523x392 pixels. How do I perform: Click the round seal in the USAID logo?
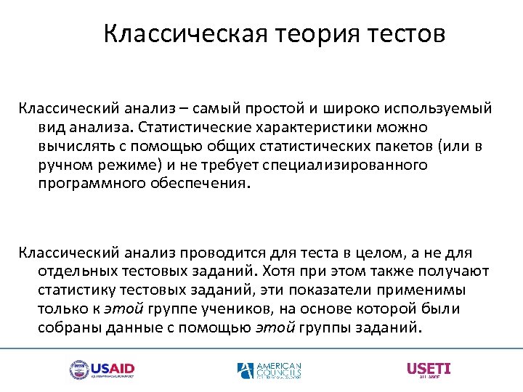tap(78, 370)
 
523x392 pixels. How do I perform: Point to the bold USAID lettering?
tap(112, 368)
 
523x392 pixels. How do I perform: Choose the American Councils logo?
tap(269, 371)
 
